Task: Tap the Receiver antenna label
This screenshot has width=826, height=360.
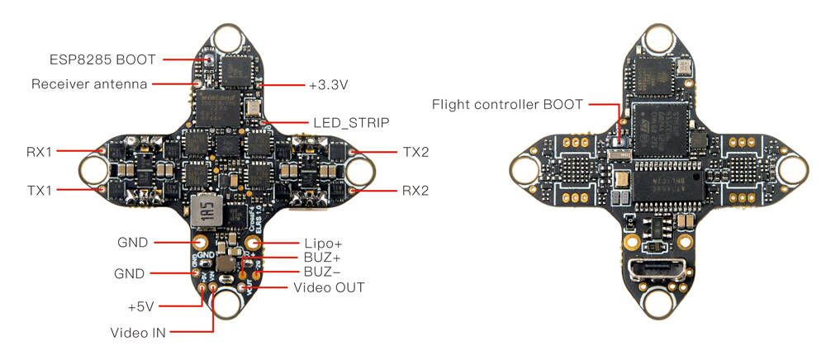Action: (89, 84)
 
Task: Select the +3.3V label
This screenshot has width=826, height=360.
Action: (329, 84)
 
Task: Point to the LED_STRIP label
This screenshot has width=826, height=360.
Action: (350, 122)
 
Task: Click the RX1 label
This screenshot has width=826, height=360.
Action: (38, 152)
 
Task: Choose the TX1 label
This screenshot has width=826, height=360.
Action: (38, 190)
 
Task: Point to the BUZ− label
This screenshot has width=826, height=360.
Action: (313, 272)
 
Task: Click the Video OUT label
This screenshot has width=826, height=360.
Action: (329, 287)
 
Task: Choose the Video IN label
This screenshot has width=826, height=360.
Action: (138, 333)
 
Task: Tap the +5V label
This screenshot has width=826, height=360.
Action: (141, 306)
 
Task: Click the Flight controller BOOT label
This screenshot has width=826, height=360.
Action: (507, 104)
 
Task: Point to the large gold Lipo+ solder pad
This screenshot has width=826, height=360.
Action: (254, 243)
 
